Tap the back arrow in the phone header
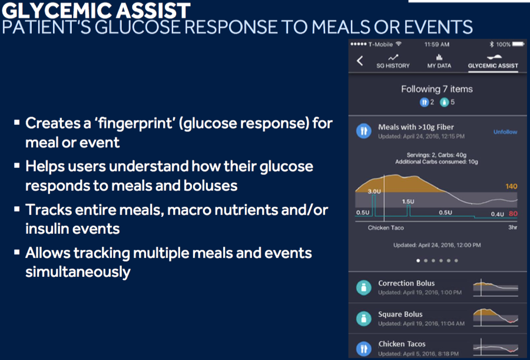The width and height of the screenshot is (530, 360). tap(360, 61)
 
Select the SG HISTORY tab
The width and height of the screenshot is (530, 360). tap(393, 62)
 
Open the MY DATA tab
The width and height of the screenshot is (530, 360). tap(439, 62)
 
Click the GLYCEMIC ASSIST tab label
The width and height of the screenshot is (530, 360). tap(493, 65)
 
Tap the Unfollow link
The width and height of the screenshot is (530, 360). tap(505, 132)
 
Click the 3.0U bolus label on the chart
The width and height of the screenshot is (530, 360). tap(374, 191)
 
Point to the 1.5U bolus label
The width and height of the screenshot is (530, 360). tap(408, 202)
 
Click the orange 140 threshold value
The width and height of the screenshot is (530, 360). tap(511, 186)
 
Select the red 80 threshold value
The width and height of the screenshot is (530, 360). tap(513, 214)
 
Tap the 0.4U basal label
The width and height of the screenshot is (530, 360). tap(497, 214)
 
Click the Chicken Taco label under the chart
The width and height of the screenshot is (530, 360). tap(386, 227)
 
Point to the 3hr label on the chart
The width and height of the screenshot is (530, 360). tap(513, 227)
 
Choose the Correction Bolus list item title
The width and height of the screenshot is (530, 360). tap(406, 283)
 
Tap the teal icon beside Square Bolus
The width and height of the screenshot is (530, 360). tap(364, 318)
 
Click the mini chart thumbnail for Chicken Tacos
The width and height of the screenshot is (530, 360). tap(495, 348)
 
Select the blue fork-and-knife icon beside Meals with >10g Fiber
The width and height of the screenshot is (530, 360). tap(364, 131)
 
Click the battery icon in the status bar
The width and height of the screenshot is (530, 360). tap(518, 44)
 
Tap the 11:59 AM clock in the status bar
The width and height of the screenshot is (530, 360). tap(437, 44)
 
